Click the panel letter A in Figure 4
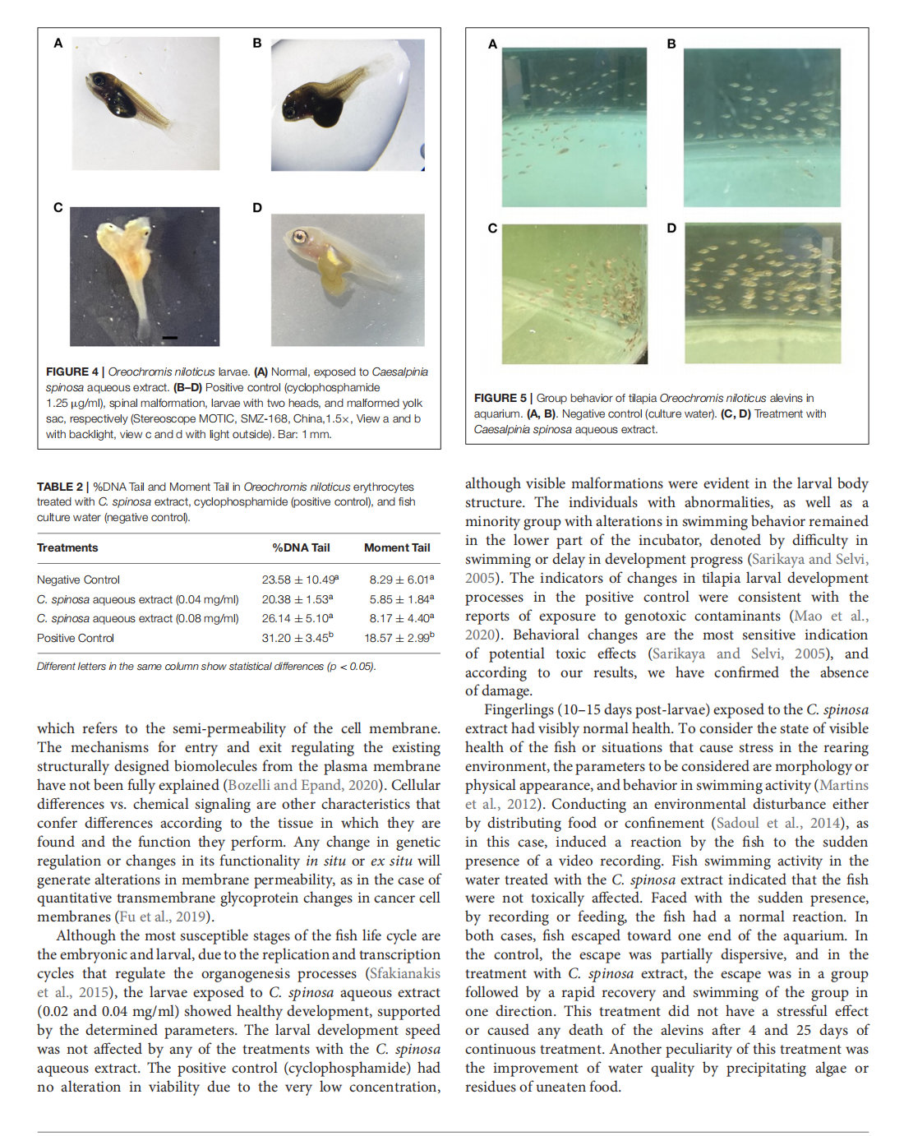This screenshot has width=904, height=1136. click(58, 43)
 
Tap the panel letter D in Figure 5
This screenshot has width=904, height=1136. click(671, 228)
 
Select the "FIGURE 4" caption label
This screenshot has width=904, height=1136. click(71, 372)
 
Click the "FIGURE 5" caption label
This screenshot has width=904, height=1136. click(500, 398)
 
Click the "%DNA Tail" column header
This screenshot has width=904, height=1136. click(301, 547)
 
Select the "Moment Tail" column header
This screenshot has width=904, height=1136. click(397, 547)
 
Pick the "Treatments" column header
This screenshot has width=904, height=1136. click(67, 547)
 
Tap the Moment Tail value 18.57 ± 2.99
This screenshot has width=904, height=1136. click(399, 638)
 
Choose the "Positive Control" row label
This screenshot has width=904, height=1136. click(76, 638)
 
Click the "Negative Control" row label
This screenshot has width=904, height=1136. click(78, 580)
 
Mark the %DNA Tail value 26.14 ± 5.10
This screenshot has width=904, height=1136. click(297, 618)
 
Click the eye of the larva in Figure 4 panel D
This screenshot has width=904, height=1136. click(300, 238)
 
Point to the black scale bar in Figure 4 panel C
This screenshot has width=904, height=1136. click(169, 337)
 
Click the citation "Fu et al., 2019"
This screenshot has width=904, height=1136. click(163, 917)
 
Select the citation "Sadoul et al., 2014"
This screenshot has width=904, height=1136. click(766, 823)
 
